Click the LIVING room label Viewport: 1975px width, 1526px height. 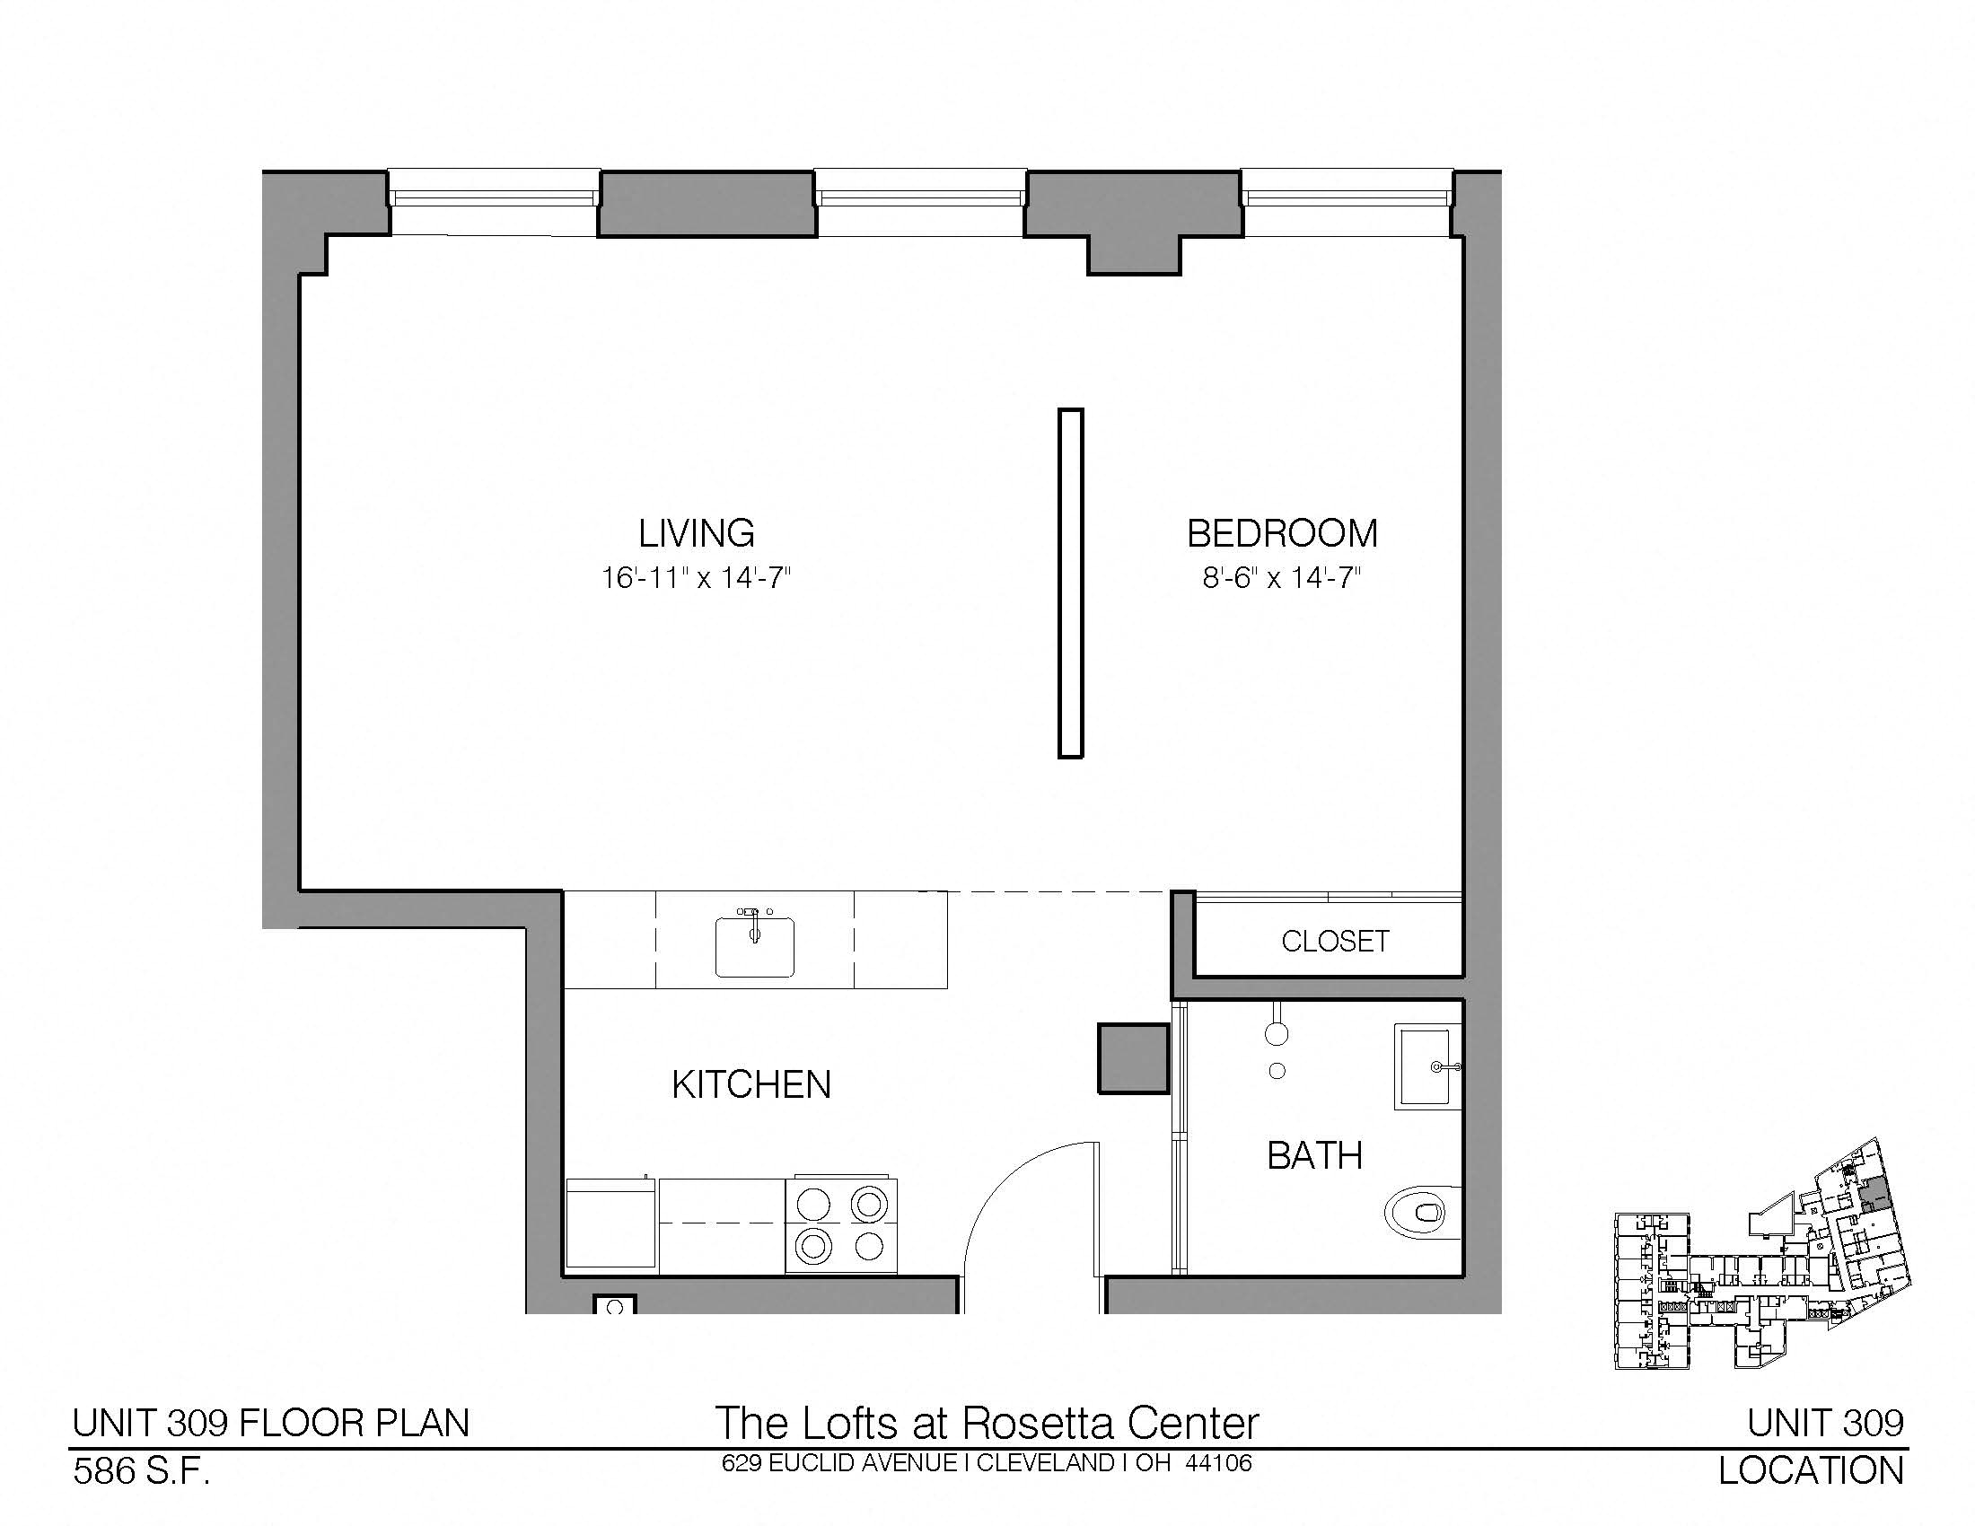pos(697,533)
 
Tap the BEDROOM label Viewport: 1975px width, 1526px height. pos(1282,533)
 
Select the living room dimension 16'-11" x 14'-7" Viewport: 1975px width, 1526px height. pos(697,577)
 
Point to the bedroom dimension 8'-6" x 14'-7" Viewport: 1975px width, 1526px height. pos(1281,577)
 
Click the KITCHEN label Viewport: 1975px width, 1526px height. pos(751,1085)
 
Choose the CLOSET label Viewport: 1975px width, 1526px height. pos(1335,941)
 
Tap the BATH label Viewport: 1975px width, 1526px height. pos(1315,1155)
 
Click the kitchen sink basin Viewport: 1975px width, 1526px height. pos(755,946)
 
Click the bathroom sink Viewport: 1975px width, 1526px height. pos(1428,1066)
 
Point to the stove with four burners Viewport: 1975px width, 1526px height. pos(841,1225)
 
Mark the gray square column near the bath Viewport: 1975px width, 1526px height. pos(1133,1057)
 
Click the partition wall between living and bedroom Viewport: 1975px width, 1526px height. pos(1071,583)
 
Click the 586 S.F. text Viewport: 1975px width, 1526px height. pos(141,1472)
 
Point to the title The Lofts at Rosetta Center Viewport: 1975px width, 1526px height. pos(987,1423)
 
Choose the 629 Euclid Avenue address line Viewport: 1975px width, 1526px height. pos(987,1463)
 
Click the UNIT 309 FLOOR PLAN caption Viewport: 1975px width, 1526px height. pos(271,1424)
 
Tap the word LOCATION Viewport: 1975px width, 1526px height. pos(1812,1472)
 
